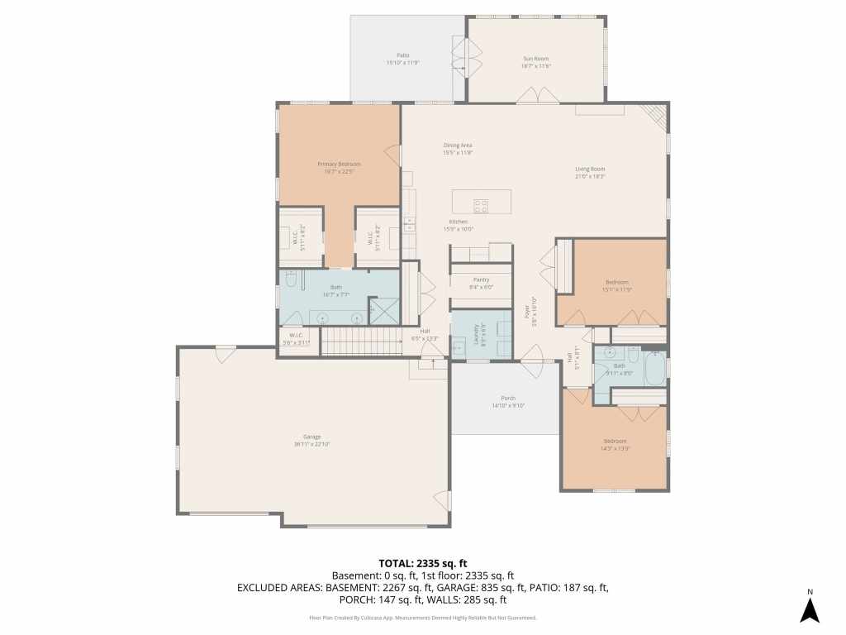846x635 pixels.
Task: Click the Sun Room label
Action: (x=535, y=59)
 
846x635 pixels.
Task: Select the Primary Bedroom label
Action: (x=339, y=165)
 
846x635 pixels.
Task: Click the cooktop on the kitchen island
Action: (x=481, y=203)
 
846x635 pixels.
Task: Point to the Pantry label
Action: (x=481, y=279)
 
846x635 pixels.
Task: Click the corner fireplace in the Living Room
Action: (x=657, y=116)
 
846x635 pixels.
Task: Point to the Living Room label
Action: (x=590, y=169)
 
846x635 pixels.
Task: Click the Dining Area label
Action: (x=457, y=146)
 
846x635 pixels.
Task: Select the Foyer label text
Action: (x=526, y=312)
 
